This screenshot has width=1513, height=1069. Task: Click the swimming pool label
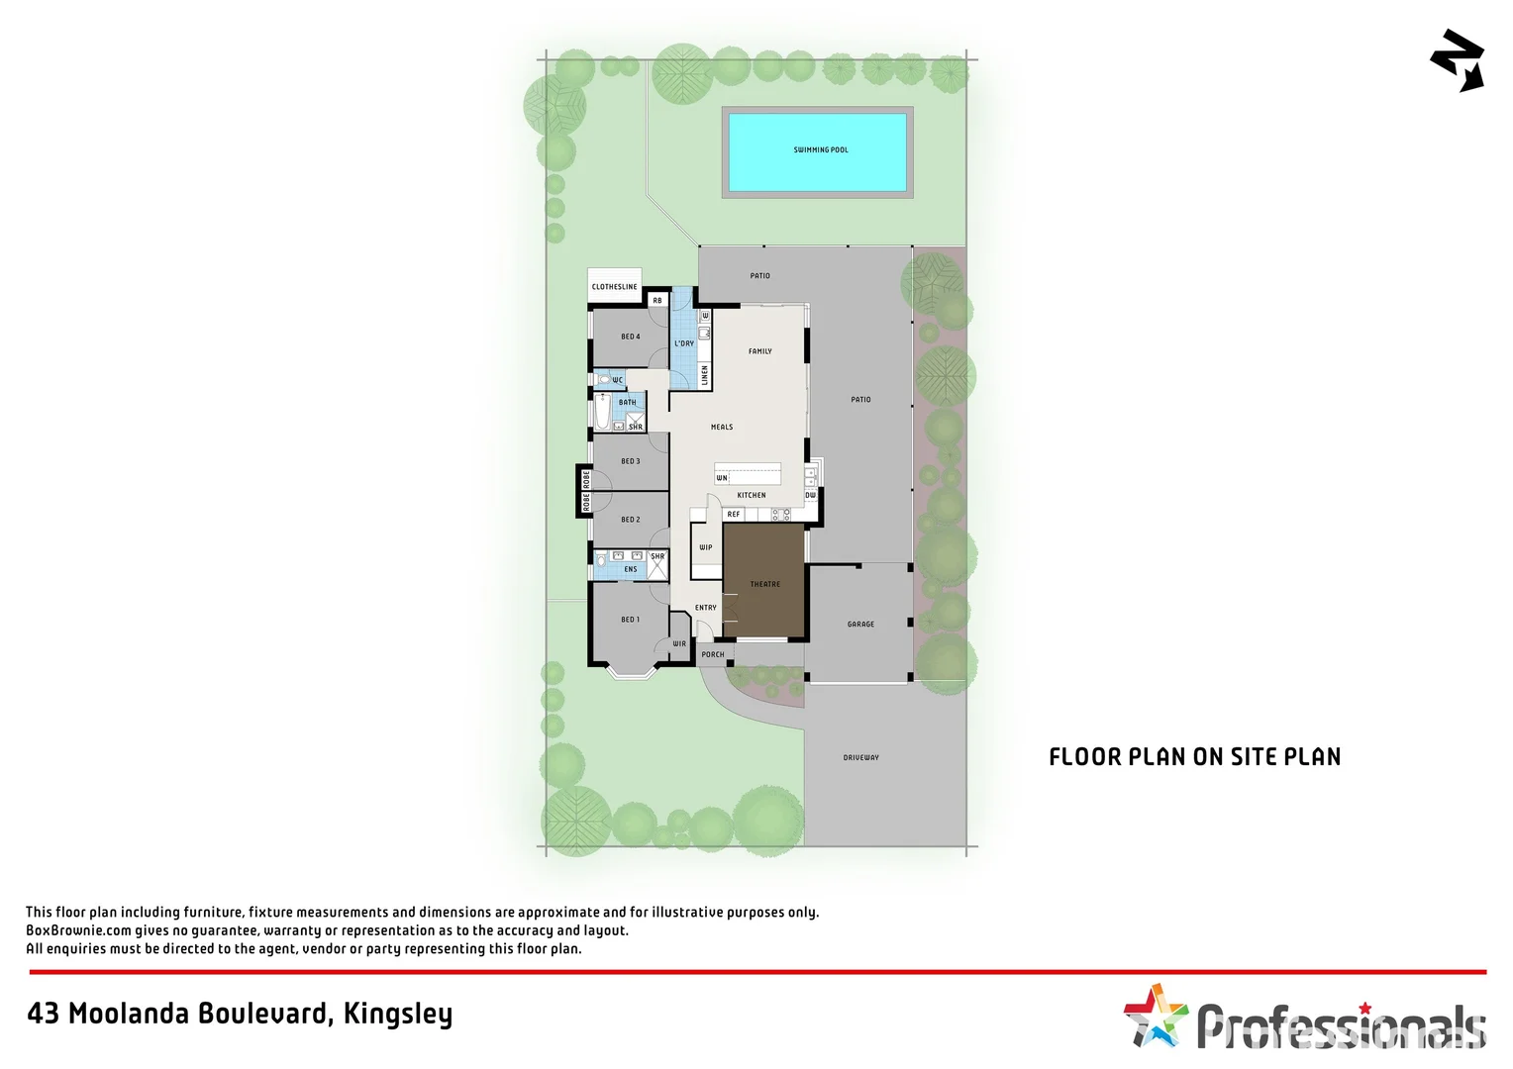tap(821, 150)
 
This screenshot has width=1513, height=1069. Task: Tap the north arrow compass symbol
tap(1458, 60)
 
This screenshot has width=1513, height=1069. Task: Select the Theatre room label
tap(764, 584)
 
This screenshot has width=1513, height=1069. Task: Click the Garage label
tap(860, 625)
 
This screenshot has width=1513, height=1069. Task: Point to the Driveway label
tap(860, 758)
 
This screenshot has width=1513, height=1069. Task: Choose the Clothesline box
tap(615, 286)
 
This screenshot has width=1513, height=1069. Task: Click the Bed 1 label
tap(630, 620)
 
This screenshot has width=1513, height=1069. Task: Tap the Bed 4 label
tap(630, 337)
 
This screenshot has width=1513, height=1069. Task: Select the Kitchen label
tap(752, 495)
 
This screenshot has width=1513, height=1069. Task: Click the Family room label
tap(759, 351)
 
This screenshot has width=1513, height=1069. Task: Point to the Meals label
tap(722, 428)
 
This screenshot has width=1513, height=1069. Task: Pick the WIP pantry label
tap(706, 547)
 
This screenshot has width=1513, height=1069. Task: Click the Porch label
tap(713, 654)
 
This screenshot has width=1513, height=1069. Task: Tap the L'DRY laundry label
tap(684, 343)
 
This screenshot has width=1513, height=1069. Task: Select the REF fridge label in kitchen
tap(734, 515)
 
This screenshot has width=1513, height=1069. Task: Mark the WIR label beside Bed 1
tap(679, 644)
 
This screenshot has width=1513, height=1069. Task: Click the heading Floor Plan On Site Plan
tap(1194, 757)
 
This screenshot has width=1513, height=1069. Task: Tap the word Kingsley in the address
tap(398, 1014)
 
